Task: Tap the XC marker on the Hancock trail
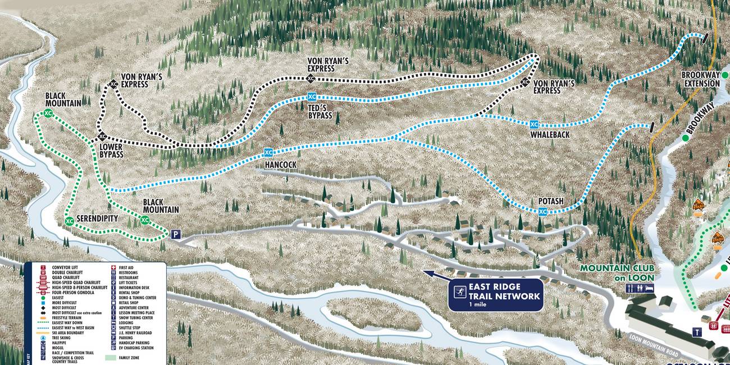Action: [268, 152]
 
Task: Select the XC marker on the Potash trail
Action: [542, 212]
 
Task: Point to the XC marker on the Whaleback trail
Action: [534, 124]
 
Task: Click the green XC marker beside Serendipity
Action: [69, 221]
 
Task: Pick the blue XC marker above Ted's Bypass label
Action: [312, 97]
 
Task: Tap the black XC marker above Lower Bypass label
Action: [102, 136]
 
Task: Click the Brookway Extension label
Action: [700, 79]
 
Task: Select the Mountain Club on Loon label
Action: [617, 273]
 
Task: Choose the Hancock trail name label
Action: [280, 165]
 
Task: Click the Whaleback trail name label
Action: [550, 135]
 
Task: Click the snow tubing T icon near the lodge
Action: [697, 332]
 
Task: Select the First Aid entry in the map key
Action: [126, 268]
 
